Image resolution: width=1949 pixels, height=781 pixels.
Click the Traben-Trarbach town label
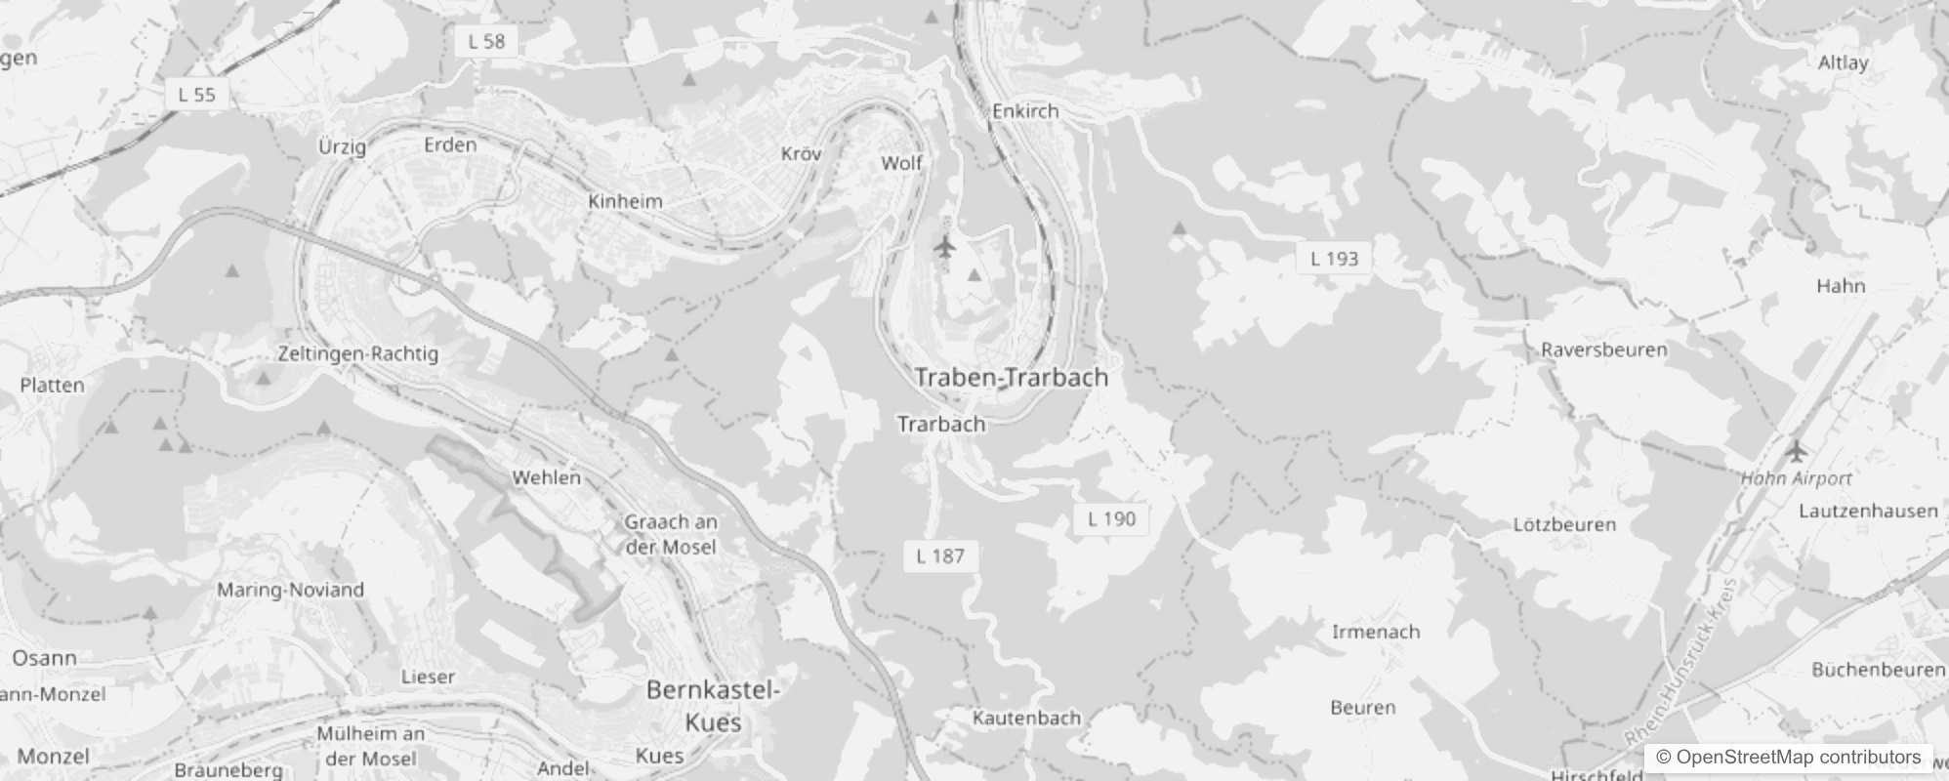[1011, 378]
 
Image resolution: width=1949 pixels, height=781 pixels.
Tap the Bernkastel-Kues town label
[713, 706]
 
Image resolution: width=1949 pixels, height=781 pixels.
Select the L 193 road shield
[1334, 259]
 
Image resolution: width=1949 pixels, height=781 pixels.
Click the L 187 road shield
[939, 556]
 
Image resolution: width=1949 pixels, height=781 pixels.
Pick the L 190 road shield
[1111, 518]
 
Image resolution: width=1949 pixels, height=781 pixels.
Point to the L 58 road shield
[486, 41]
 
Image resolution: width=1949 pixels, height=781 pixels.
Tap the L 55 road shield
[196, 95]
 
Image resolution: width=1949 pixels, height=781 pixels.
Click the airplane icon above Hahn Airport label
[1796, 451]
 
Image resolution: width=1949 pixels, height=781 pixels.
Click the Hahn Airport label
[1796, 478]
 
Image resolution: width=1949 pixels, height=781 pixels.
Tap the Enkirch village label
[1025, 111]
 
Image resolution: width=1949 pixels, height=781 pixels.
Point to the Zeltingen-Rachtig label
[357, 353]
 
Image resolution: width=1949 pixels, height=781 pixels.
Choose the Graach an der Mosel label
[670, 534]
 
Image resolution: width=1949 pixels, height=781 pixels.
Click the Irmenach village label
[1375, 632]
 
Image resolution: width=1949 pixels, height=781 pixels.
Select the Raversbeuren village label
[1603, 349]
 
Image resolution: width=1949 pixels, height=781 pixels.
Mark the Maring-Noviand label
[290, 590]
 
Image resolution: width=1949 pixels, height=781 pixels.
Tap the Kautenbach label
[1026, 719]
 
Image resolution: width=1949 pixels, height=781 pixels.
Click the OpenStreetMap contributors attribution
[1788, 758]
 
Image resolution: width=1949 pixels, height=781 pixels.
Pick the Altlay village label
[1843, 62]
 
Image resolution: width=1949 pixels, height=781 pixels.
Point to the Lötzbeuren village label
[1563, 524]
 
